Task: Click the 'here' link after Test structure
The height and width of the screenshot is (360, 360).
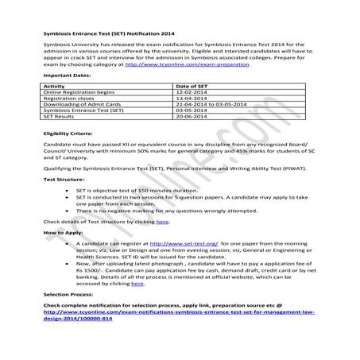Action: point(162,243)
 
